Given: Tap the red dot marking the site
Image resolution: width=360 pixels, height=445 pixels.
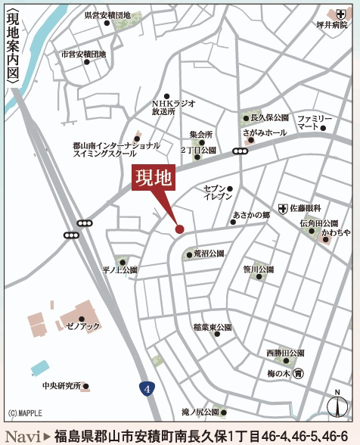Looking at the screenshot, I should click(x=180, y=229).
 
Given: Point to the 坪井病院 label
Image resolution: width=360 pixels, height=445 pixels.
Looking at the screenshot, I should click(x=332, y=25).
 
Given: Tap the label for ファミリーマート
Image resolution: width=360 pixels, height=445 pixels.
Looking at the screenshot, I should click(x=314, y=122).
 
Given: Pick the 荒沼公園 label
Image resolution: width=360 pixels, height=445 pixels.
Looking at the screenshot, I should click(x=209, y=254).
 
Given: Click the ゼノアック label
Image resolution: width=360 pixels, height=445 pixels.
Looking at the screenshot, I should click(x=82, y=325).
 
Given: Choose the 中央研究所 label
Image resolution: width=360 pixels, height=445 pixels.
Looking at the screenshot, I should click(x=61, y=385).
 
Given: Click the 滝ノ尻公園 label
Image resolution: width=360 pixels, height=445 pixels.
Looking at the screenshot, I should click(x=200, y=412).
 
